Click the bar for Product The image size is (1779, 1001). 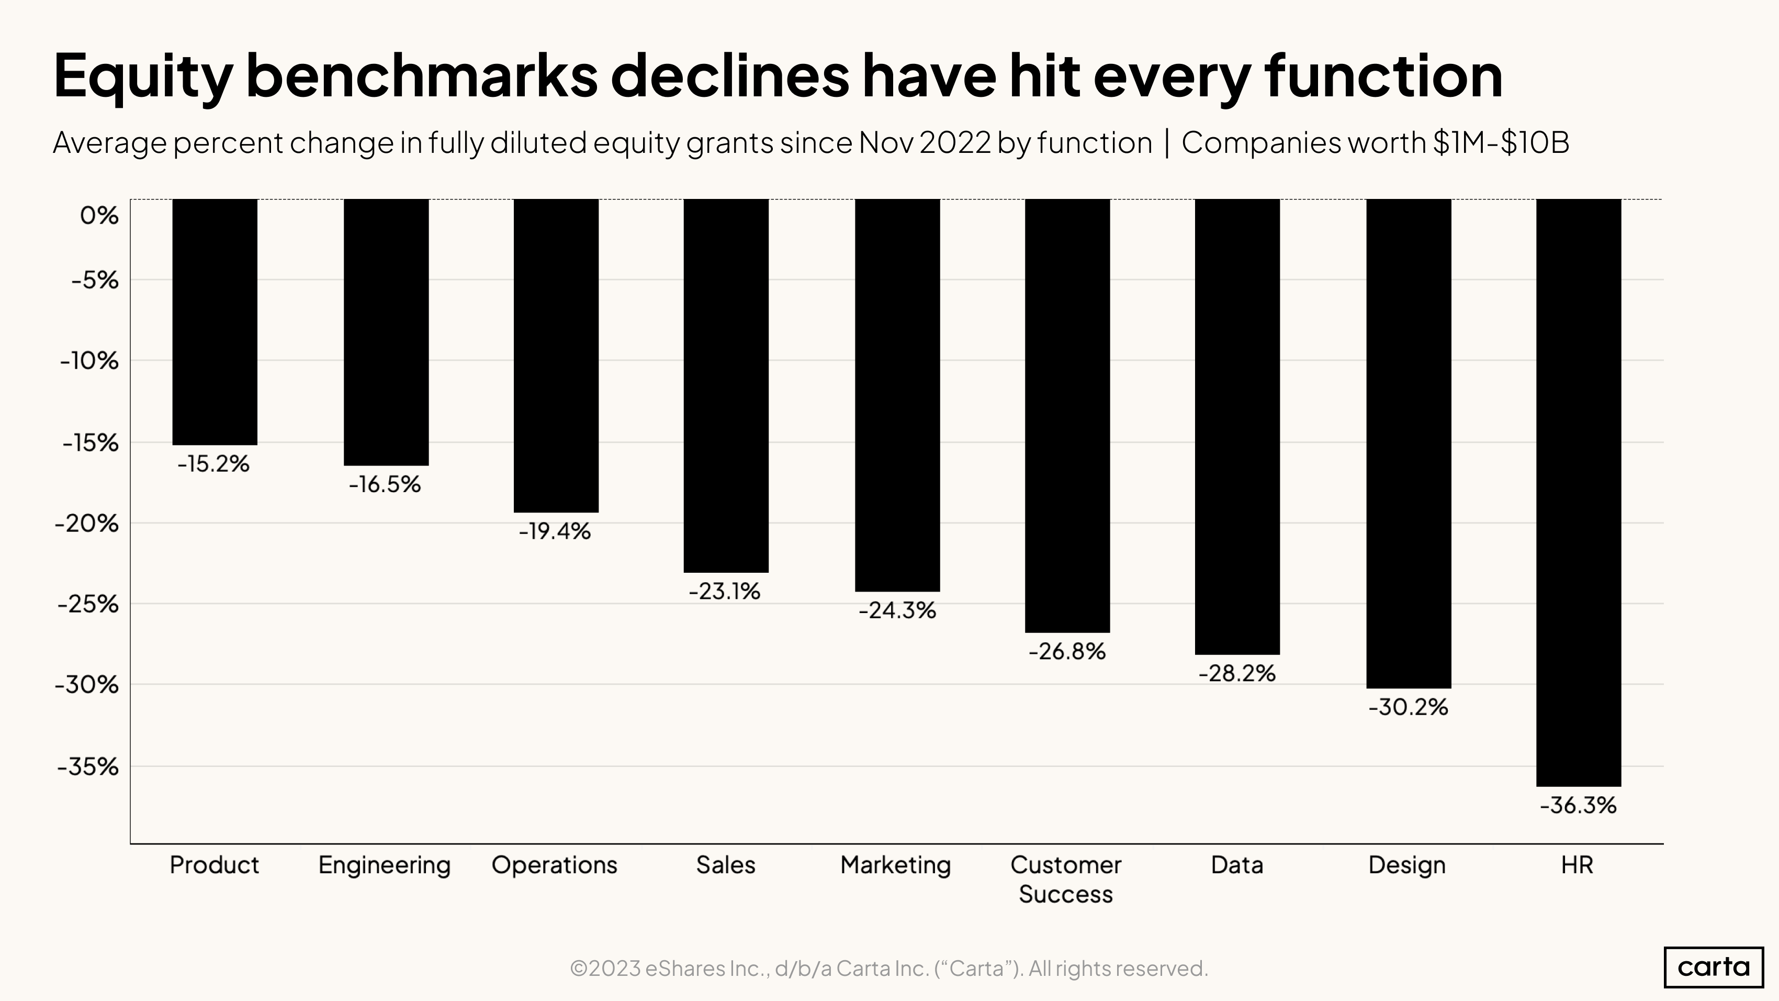[x=215, y=322]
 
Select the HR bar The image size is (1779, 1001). [x=1579, y=492]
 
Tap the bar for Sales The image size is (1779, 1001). [x=726, y=385]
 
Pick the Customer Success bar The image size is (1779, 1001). [x=1067, y=415]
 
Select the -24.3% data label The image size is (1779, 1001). [x=897, y=610]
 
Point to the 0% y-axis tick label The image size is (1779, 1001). [x=99, y=216]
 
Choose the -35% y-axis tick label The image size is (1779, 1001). [x=88, y=766]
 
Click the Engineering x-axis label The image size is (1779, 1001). [x=384, y=865]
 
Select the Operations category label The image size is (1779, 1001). [x=555, y=865]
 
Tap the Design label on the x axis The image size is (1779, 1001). [x=1407, y=865]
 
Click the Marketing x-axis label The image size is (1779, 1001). [x=896, y=865]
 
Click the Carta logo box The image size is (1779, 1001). [x=1714, y=966]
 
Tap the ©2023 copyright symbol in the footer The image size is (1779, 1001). [x=579, y=969]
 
